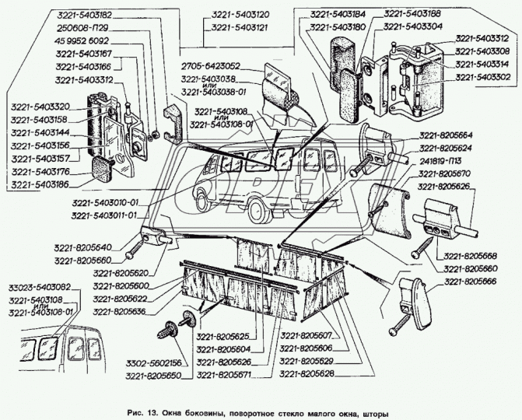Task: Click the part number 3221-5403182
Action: tap(84, 15)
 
